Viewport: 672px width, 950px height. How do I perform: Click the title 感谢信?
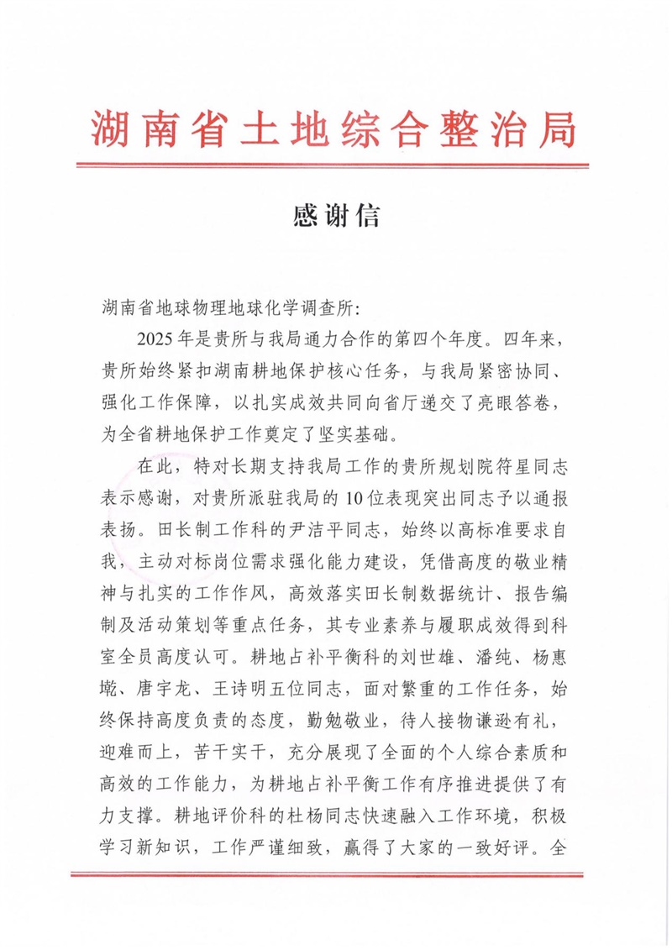coord(336,217)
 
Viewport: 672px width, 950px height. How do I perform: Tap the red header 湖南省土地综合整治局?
coord(335,129)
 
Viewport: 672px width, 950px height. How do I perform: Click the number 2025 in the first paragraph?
coord(155,340)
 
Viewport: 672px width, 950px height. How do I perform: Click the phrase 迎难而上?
coord(130,750)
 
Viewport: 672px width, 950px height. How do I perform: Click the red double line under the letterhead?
coord(335,165)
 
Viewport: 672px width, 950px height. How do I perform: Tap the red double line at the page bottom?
coord(335,876)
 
